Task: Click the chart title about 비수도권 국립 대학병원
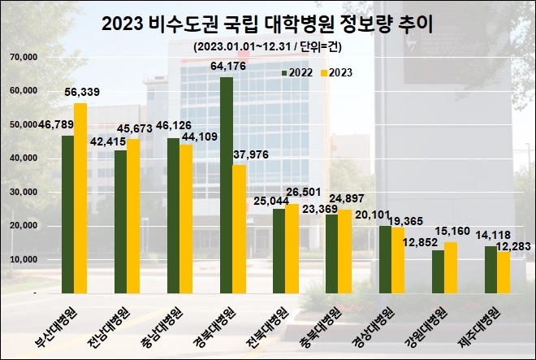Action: pos(267,24)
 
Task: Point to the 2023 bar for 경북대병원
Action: pos(239,228)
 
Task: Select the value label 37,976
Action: pos(252,155)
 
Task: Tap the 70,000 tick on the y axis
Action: pos(24,57)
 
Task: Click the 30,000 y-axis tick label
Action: pos(24,192)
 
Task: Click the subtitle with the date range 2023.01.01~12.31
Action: pos(267,46)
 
